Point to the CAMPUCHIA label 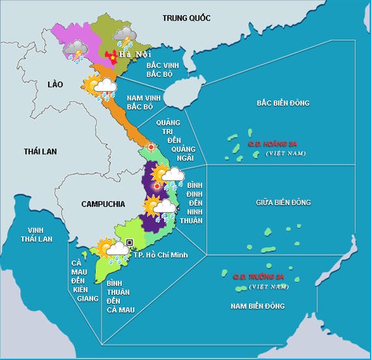click(103, 204)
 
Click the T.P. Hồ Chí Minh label click(161, 255)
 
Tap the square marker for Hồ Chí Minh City click(130, 243)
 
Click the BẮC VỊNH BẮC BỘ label click(162, 70)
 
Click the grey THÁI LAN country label click(40, 151)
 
